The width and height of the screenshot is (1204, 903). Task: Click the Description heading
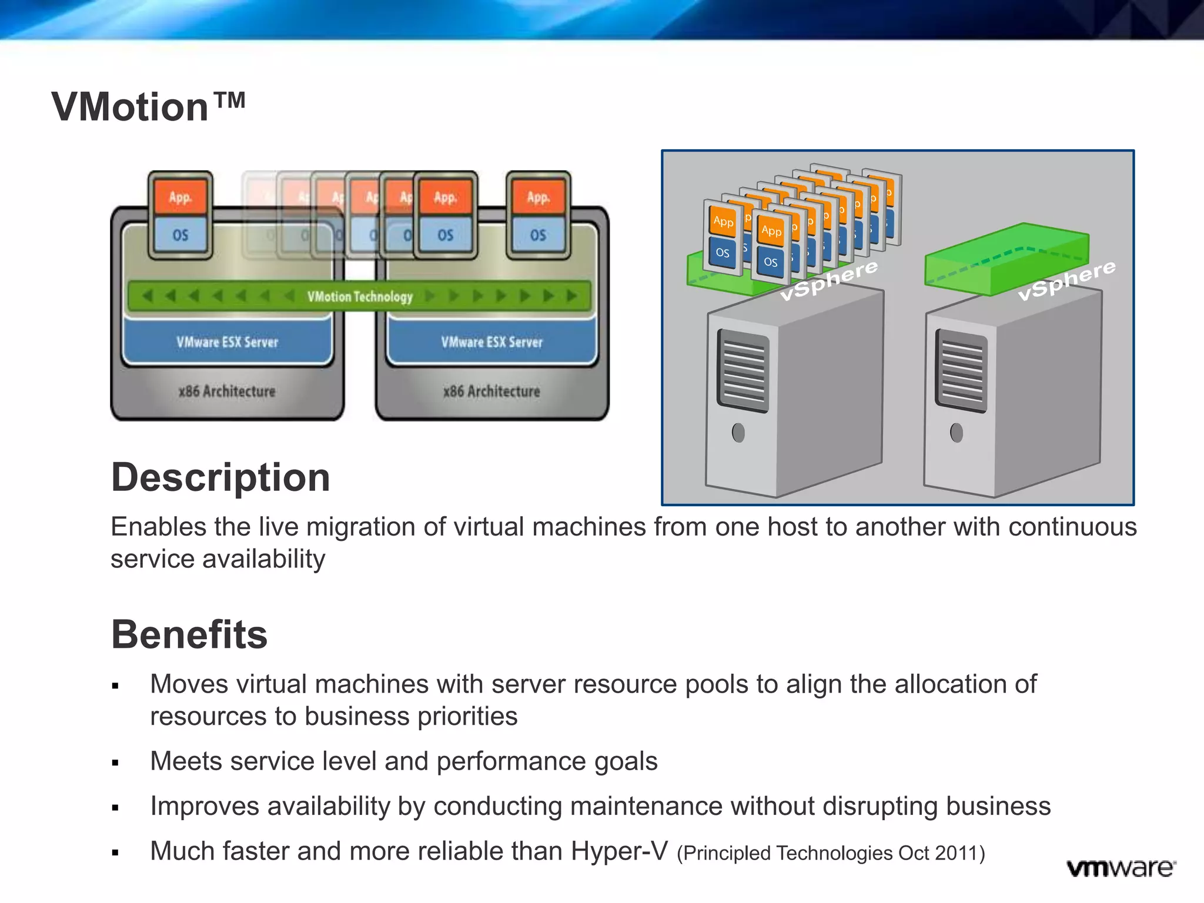tap(220, 477)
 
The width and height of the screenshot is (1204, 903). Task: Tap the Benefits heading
tap(189, 634)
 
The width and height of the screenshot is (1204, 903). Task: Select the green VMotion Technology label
tap(360, 296)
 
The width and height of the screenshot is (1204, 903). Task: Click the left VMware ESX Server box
tap(228, 342)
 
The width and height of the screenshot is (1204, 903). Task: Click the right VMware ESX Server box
tap(491, 342)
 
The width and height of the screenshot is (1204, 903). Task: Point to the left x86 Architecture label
tap(227, 391)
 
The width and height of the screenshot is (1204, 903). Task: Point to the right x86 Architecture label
tap(491, 391)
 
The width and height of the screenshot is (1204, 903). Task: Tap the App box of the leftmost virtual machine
tap(180, 198)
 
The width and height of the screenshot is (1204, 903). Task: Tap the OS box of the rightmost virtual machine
tap(538, 235)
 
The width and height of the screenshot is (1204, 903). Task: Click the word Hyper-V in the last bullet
tap(619, 851)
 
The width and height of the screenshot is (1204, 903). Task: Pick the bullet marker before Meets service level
tap(115, 763)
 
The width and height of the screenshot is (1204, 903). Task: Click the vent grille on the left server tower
tap(743, 370)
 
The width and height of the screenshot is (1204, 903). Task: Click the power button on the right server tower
tap(956, 433)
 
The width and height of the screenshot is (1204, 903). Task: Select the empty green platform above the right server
tap(1006, 259)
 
